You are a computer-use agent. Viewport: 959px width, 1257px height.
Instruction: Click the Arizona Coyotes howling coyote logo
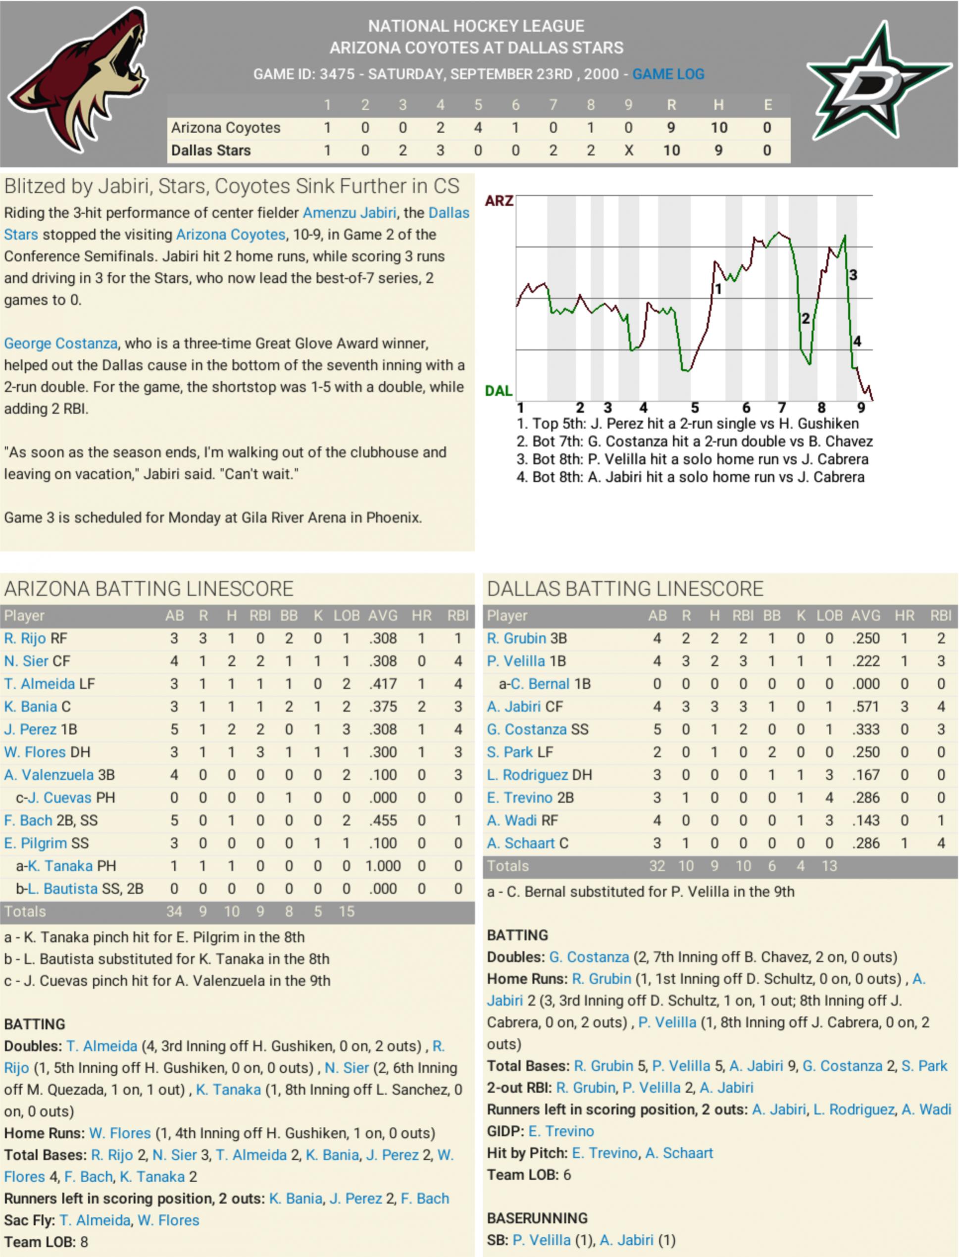tap(80, 80)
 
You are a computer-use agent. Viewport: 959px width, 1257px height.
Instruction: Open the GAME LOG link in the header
tap(668, 74)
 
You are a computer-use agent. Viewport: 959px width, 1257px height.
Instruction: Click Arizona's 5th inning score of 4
tap(478, 127)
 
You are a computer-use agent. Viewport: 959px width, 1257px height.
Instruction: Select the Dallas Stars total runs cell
tap(671, 150)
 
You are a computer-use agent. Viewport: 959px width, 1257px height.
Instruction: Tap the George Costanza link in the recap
tap(60, 343)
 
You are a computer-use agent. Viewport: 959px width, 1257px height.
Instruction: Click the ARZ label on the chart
tap(499, 201)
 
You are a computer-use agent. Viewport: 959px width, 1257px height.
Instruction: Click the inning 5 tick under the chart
tap(695, 407)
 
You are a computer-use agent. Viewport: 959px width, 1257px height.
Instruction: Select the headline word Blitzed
tap(34, 186)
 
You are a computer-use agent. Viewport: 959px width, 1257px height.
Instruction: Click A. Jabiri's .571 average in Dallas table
tap(865, 706)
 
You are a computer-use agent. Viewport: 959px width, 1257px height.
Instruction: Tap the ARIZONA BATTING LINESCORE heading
tap(149, 589)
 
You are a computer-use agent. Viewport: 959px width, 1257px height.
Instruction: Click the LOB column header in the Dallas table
tap(829, 615)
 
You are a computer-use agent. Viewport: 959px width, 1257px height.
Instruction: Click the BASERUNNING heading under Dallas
tap(537, 1218)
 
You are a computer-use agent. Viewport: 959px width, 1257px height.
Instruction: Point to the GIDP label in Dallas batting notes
tap(505, 1131)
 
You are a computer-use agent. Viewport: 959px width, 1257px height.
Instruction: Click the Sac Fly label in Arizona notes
tap(29, 1220)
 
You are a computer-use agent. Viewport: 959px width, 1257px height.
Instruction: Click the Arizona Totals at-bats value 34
tap(174, 911)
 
